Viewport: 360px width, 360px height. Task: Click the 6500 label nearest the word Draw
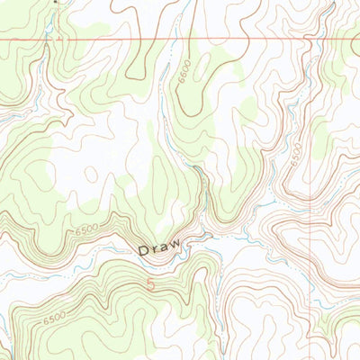pyautogui.click(x=87, y=231)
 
